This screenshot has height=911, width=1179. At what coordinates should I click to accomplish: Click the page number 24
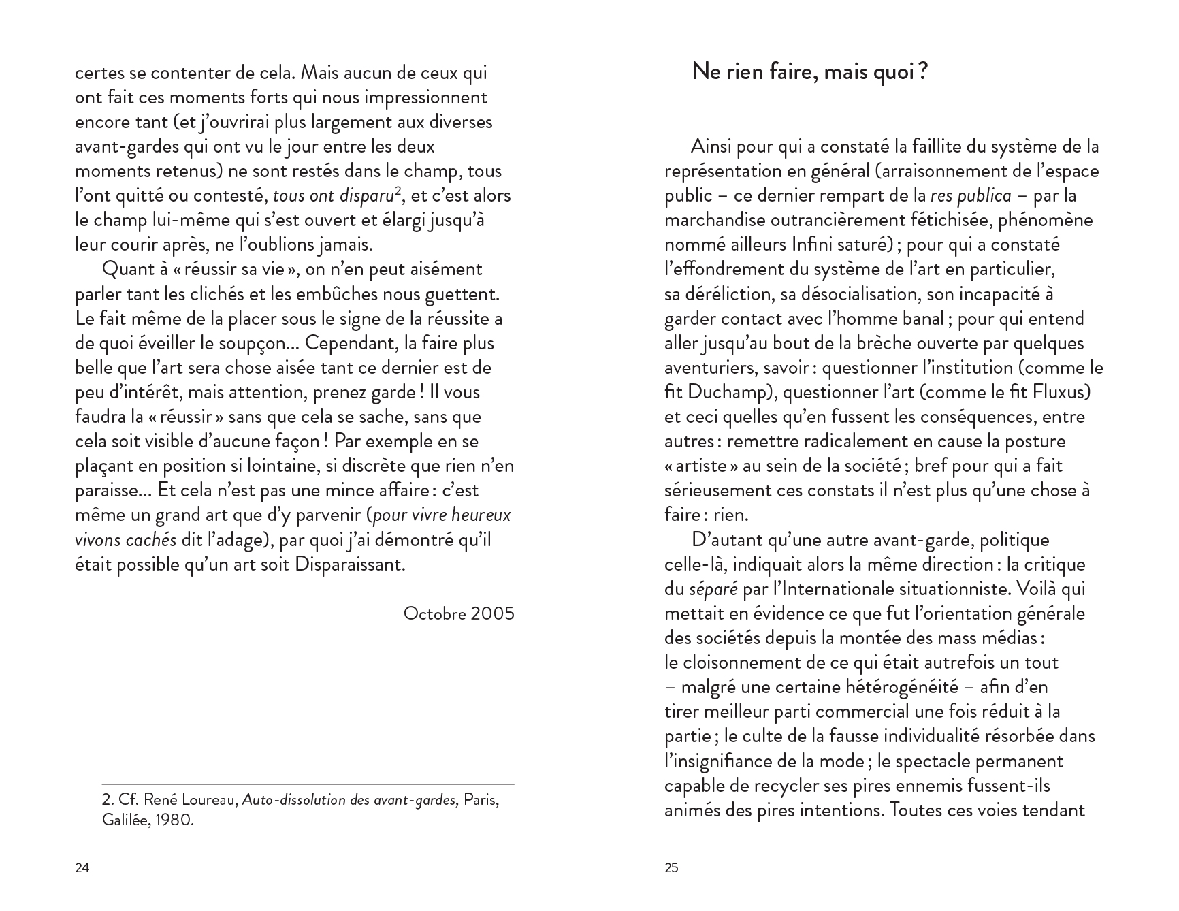point(82,868)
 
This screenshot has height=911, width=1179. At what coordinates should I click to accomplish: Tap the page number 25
point(671,868)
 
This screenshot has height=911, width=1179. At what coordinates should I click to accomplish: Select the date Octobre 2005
point(459,613)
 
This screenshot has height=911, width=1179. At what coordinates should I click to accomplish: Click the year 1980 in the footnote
point(174,820)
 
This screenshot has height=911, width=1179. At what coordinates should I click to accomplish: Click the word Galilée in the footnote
point(125,820)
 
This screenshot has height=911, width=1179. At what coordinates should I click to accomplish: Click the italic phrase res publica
point(971,196)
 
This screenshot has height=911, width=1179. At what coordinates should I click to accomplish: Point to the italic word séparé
point(713,589)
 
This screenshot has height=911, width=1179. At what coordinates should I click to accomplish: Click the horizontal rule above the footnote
point(308,784)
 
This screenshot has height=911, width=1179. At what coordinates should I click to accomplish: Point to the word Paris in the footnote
point(481,800)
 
